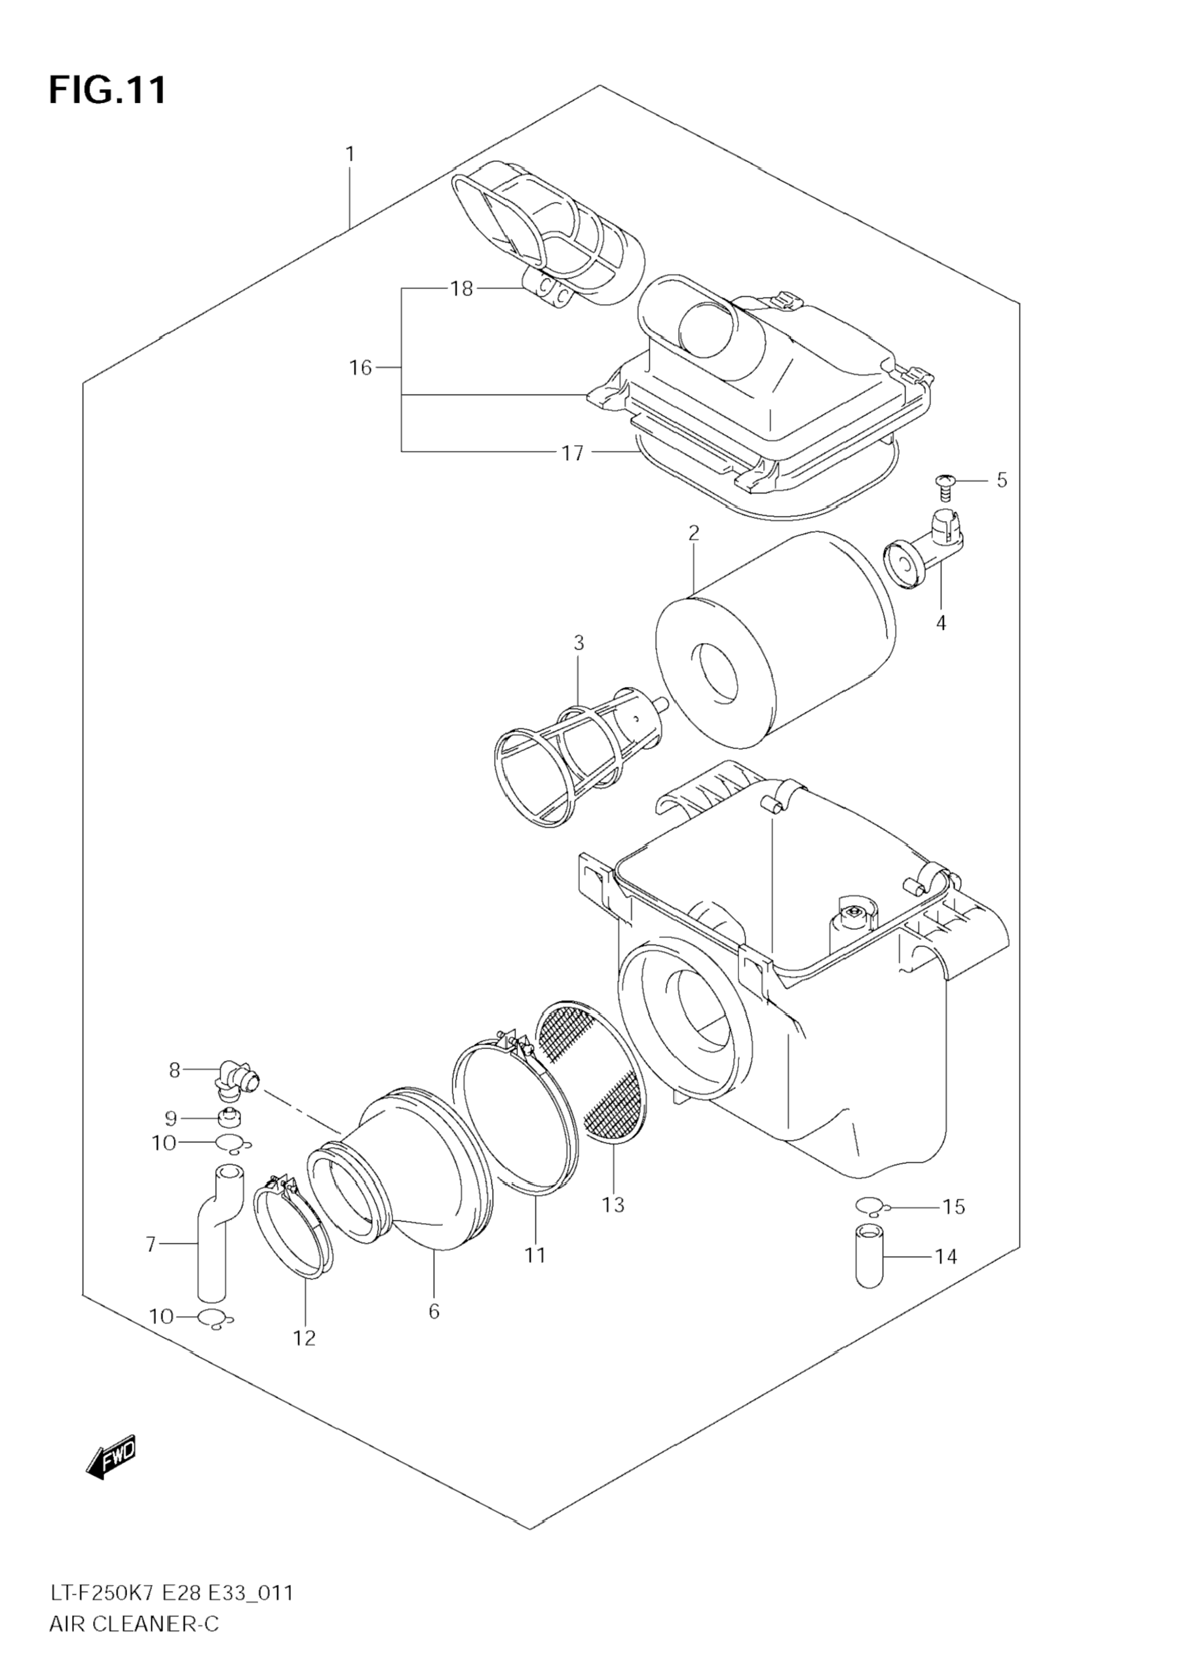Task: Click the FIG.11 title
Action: [x=107, y=90]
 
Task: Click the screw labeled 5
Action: [x=945, y=486]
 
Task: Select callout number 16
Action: [x=360, y=368]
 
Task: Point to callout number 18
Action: [x=461, y=289]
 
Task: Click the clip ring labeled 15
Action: [x=871, y=1205]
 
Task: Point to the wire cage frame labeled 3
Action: [x=562, y=759]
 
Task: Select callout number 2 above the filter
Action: [x=693, y=532]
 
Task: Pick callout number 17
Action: [x=573, y=454]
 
